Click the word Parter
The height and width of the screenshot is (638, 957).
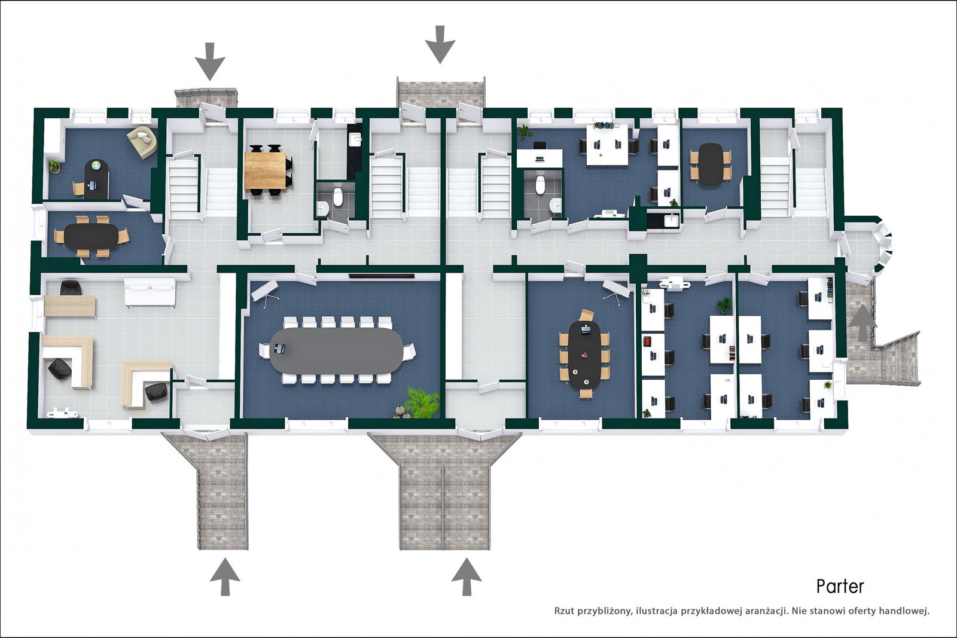[840, 587]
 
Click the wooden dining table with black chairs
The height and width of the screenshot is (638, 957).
[266, 170]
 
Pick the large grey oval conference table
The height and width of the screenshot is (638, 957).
[336, 349]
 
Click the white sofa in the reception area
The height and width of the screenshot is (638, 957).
[150, 292]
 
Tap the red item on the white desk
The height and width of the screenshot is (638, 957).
[647, 342]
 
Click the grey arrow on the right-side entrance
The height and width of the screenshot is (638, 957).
[862, 322]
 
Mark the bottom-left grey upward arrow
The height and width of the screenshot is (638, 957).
[225, 576]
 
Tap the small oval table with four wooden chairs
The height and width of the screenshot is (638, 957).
[710, 164]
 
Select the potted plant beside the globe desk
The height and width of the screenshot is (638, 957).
[54, 166]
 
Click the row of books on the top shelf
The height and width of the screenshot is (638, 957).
[606, 125]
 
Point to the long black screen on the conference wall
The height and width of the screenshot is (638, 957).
[382, 276]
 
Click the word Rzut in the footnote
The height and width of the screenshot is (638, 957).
[564, 610]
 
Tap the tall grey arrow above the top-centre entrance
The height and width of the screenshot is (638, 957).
[440, 44]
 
